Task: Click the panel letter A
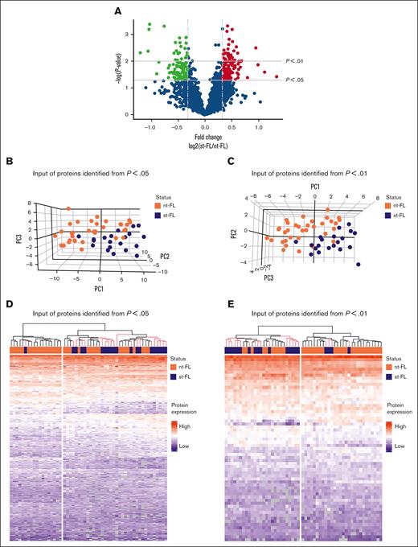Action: [118, 10]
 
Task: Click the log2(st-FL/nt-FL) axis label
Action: [204, 144]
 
